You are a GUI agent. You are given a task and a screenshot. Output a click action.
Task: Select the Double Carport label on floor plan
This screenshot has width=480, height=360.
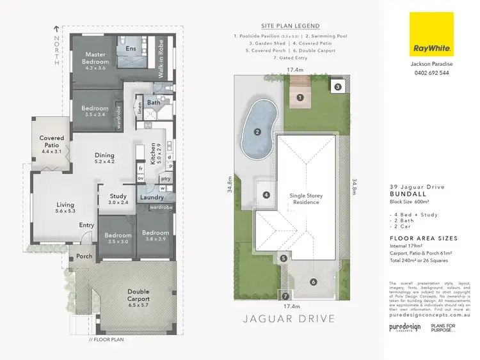pyautogui.click(x=138, y=295)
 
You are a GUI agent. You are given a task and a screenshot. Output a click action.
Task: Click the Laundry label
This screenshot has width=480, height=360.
pyautogui.click(x=152, y=198)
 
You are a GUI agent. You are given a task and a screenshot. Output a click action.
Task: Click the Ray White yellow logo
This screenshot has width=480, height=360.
pyautogui.click(x=433, y=34)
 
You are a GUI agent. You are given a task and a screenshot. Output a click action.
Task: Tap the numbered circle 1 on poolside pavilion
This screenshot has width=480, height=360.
pyautogui.click(x=299, y=98)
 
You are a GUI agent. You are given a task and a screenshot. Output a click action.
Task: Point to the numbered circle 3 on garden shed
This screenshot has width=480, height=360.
pyautogui.click(x=337, y=86)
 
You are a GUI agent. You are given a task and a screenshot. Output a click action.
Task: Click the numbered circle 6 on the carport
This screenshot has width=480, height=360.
pyautogui.click(x=313, y=281)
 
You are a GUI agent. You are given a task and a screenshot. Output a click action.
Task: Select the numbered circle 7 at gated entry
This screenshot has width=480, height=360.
pyautogui.click(x=285, y=297)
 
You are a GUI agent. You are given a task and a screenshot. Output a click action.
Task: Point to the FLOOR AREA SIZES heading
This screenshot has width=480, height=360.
pyautogui.click(x=423, y=238)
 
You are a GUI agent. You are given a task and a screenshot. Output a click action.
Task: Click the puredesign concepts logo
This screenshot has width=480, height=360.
pyautogui.click(x=405, y=327)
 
